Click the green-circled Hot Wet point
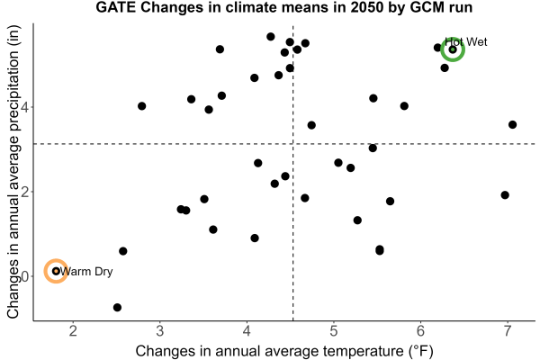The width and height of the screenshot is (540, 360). (x=453, y=49)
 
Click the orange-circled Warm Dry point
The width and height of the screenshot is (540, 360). (x=56, y=271)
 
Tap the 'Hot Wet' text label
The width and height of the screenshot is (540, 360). (x=466, y=42)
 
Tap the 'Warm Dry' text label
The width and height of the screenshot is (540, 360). (x=86, y=272)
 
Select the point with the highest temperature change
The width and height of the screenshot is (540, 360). (x=512, y=125)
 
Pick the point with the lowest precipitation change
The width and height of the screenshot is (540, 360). (x=117, y=307)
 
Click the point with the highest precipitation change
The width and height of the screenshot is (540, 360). (x=271, y=37)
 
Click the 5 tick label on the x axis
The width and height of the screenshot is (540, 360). (x=333, y=331)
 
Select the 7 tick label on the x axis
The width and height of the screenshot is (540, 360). (x=508, y=331)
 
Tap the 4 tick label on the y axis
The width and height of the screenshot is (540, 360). (x=25, y=107)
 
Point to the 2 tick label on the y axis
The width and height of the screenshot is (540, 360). (x=25, y=192)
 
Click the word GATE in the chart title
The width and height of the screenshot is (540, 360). (x=116, y=7)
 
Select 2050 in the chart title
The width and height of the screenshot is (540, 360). (x=365, y=7)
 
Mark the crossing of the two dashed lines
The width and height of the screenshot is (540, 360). (x=293, y=144)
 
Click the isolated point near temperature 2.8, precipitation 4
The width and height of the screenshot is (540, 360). (x=142, y=106)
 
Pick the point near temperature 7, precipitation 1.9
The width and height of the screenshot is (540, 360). (x=505, y=195)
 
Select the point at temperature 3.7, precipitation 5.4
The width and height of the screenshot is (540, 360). (x=220, y=49)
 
